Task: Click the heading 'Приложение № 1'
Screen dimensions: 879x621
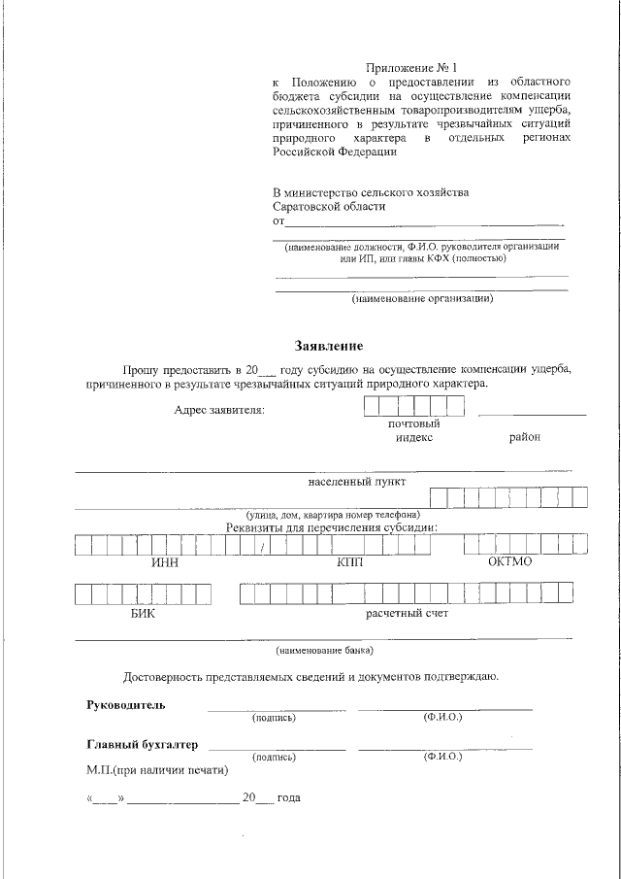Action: (x=410, y=67)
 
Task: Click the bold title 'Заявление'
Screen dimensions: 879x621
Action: (x=329, y=346)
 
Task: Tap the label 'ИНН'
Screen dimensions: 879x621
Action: (x=165, y=563)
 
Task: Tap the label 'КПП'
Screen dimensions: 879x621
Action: (x=348, y=563)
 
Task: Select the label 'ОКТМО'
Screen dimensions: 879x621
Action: (x=509, y=562)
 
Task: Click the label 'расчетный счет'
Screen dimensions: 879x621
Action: (x=407, y=614)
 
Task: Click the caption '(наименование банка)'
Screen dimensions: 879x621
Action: (x=324, y=650)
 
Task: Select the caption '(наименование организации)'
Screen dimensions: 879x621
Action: (x=422, y=298)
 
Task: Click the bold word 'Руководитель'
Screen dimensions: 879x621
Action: (x=126, y=704)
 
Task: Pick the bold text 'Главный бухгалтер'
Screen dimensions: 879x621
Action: (x=143, y=745)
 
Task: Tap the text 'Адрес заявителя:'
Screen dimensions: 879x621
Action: (x=218, y=411)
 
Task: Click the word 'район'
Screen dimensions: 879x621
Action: (x=524, y=437)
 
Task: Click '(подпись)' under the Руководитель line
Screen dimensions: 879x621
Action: (x=275, y=718)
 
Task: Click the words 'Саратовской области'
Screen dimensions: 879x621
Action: (x=329, y=206)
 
